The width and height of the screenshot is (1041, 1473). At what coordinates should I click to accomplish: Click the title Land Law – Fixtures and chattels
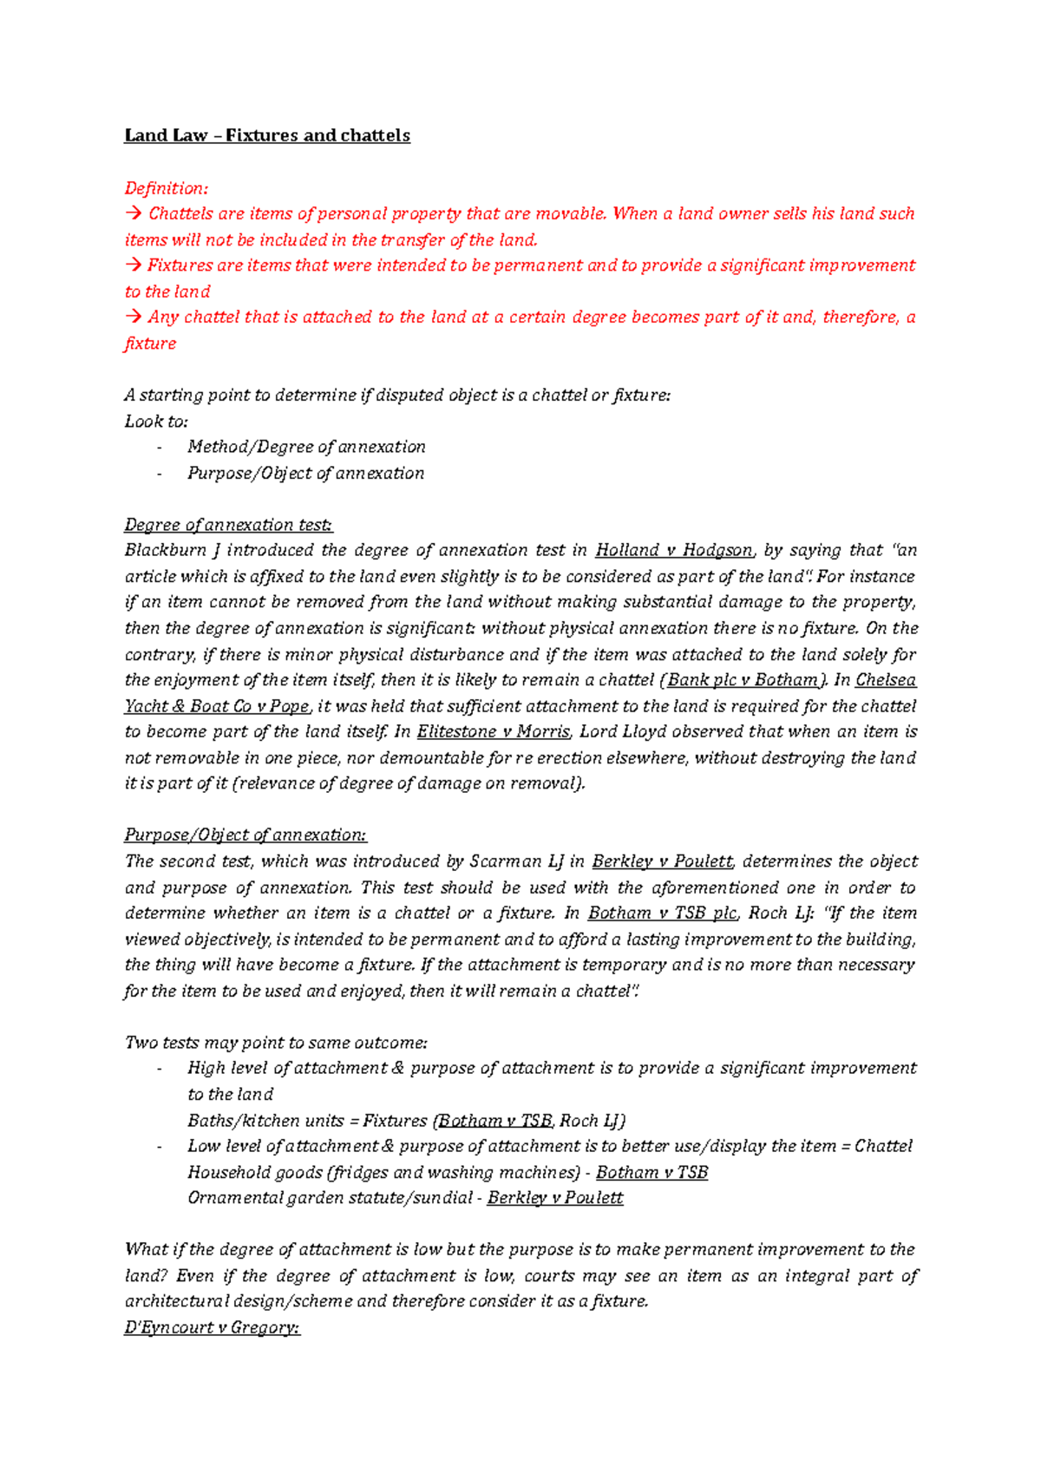pos(267,135)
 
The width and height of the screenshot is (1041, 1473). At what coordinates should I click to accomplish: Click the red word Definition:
pos(167,188)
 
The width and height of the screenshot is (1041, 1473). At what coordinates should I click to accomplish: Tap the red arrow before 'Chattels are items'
pos(133,213)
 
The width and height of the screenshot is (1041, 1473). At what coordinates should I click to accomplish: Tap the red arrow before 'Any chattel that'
pos(133,318)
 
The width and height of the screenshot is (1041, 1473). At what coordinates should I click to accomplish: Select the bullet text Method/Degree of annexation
pos(306,447)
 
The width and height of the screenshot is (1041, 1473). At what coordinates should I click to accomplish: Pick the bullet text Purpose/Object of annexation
pos(305,473)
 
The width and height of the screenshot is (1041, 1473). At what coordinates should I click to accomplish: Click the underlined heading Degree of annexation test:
pos(228,525)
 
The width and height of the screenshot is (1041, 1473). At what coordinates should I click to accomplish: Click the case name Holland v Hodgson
pos(674,550)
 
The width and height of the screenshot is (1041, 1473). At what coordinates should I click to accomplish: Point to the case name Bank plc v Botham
pos(743,680)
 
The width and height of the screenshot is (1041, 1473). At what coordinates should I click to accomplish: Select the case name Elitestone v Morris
pos(493,731)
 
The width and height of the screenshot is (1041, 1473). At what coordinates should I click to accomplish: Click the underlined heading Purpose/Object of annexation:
pos(246,835)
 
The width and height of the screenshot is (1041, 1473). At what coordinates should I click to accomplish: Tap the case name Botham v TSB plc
pos(662,913)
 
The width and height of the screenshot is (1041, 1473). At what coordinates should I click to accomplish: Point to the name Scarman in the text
pos(505,861)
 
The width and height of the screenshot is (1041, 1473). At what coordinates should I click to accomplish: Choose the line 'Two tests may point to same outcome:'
pos(276,1043)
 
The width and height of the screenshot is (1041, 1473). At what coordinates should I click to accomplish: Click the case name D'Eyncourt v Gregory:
pos(212,1327)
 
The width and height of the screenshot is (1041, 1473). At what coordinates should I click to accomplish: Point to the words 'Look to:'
pos(156,422)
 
